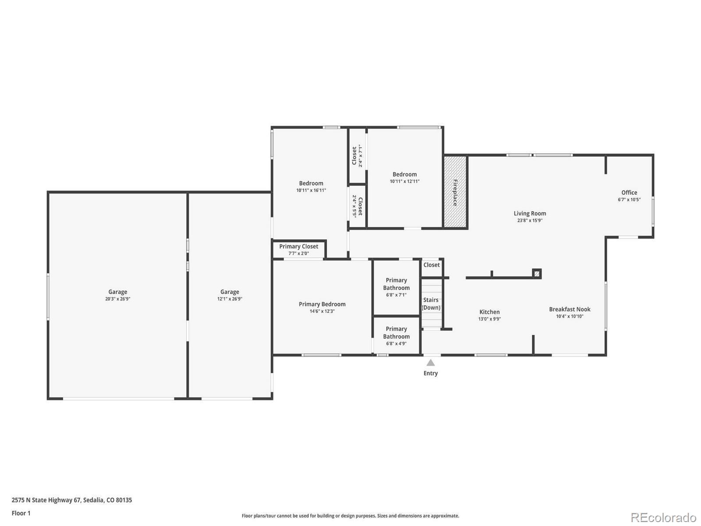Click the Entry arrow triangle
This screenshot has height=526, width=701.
click(431, 363)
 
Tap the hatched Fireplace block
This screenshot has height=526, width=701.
click(455, 192)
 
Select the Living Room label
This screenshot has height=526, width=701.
click(530, 213)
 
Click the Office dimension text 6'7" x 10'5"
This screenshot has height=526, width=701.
click(629, 199)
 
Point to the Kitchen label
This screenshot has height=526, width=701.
click(489, 312)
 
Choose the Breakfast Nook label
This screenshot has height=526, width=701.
click(570, 309)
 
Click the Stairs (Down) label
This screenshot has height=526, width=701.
click(431, 304)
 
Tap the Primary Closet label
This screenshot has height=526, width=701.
click(299, 246)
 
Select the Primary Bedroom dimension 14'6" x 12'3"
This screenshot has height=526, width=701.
click(322, 311)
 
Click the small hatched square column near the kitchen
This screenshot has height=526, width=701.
click(537, 274)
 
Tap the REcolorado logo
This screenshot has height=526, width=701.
click(663, 517)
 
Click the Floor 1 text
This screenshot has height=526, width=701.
click(21, 513)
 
